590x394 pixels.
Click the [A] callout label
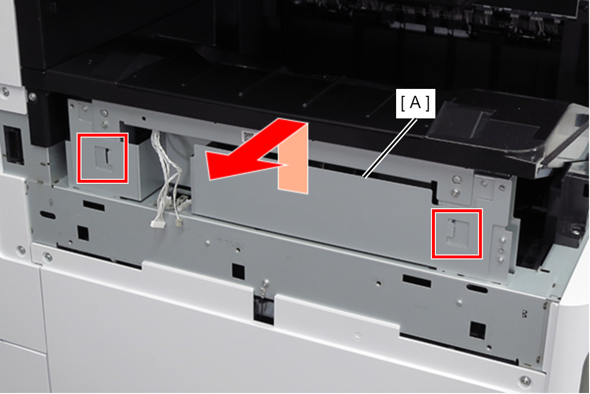point(415,103)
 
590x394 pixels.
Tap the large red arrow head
point(237,161)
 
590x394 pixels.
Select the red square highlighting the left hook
point(103,158)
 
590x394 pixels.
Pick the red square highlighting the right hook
point(457,234)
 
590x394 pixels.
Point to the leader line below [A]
point(390,149)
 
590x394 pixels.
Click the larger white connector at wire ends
point(158,224)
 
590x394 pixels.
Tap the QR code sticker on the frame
point(248,136)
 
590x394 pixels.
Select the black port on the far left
point(13,145)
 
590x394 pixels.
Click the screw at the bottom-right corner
point(525,381)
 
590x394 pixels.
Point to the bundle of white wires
point(168,174)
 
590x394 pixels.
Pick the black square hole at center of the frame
point(238,272)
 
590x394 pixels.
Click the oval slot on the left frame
point(48,215)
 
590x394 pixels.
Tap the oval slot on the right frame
point(477,288)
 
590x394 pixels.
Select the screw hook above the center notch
point(266,286)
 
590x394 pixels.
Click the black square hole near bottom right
point(478,331)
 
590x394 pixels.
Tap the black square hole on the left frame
point(83,233)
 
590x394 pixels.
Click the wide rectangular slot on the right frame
point(417,281)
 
